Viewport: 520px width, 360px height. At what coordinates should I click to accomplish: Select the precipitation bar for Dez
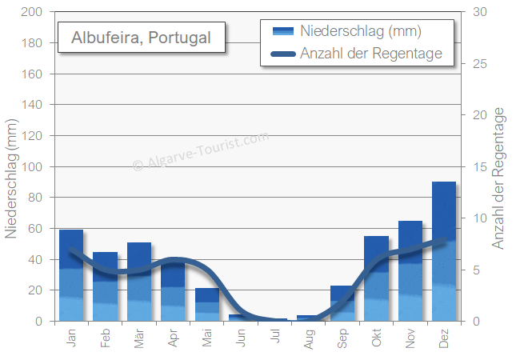tap(444, 251)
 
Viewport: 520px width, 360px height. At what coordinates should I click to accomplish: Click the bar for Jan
tap(71, 275)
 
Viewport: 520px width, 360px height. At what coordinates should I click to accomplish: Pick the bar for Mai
tap(207, 305)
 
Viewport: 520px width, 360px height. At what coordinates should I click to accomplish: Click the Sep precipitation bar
tap(342, 303)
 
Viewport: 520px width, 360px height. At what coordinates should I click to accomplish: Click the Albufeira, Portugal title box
tap(142, 38)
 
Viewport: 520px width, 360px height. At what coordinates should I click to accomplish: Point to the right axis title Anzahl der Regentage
tap(499, 180)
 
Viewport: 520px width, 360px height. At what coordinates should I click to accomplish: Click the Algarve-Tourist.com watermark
tap(200, 152)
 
